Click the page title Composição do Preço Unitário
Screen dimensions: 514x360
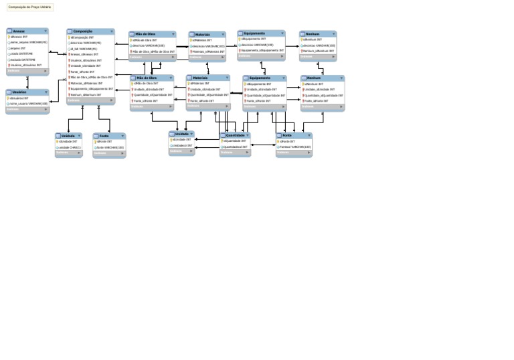[29, 7]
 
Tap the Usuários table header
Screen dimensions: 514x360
[19, 92]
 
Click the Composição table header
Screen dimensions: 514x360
[84, 31]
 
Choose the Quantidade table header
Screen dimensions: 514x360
[234, 135]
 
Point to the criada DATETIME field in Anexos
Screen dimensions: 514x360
[22, 54]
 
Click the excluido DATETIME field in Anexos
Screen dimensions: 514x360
[24, 60]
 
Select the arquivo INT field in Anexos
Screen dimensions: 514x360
[19, 48]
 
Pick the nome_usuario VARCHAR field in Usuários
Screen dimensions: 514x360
[29, 104]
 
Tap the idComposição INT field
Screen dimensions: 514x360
[82, 37]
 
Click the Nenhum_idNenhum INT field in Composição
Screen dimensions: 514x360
[86, 94]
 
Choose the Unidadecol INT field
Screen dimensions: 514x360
[183, 145]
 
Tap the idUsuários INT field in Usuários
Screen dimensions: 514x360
[20, 98]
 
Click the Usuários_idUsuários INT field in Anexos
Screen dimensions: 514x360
[27, 66]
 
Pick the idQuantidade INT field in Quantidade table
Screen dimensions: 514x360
[235, 141]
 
